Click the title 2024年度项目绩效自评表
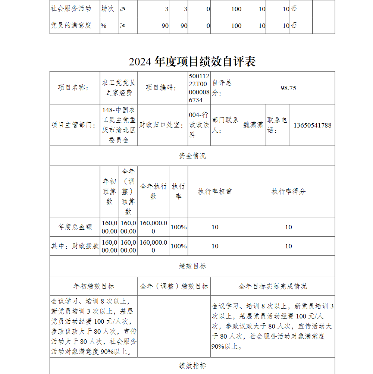[192, 62]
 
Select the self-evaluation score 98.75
[288, 88]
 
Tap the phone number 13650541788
[312, 125]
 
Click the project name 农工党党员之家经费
[119, 88]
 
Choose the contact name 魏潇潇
[253, 125]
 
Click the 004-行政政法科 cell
[199, 125]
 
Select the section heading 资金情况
[192, 156]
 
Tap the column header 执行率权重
[215, 192]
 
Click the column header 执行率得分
[288, 192]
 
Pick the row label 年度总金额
[75, 227]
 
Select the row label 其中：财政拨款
[75, 246]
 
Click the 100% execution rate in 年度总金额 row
[179, 227]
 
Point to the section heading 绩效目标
[192, 266]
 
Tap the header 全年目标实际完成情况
[273, 286]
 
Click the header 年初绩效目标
[94, 286]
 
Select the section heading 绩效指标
[192, 366]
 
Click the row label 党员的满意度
[71, 26]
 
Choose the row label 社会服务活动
[71, 9]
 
